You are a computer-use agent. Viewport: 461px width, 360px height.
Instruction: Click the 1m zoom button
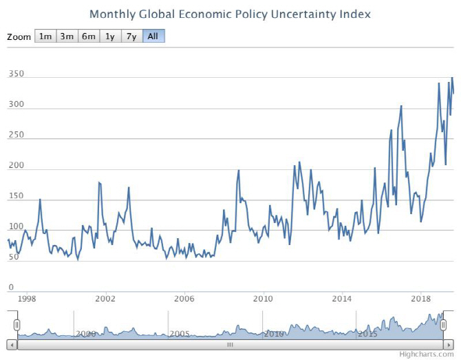pyautogui.click(x=45, y=36)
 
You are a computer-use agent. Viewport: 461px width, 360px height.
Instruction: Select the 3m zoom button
pyautogui.click(x=67, y=36)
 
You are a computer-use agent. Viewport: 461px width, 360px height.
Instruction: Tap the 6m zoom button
pyautogui.click(x=88, y=36)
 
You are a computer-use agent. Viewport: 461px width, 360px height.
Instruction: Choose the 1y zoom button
pyautogui.click(x=109, y=36)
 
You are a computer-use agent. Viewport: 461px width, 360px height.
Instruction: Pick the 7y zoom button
pyautogui.click(x=131, y=36)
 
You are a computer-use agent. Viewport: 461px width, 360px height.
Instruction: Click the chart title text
pyautogui.click(x=231, y=14)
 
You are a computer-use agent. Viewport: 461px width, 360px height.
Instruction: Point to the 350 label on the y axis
pyautogui.click(x=16, y=74)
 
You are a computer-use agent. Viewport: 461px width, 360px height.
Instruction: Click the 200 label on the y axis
pyautogui.click(x=16, y=166)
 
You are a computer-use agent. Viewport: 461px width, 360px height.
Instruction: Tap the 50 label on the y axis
pyautogui.click(x=13, y=257)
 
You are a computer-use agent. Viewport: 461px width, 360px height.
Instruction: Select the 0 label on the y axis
pyautogui.click(x=11, y=287)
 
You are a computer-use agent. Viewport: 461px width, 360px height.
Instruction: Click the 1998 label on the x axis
pyautogui.click(x=26, y=299)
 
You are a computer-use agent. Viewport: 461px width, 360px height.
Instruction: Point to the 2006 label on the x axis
pyautogui.click(x=184, y=299)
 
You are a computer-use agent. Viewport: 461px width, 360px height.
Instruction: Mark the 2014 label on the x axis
pyautogui.click(x=342, y=299)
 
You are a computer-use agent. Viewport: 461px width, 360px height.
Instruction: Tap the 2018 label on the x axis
pyautogui.click(x=421, y=299)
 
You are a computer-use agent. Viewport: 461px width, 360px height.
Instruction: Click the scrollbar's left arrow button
pyautogui.click(x=11, y=344)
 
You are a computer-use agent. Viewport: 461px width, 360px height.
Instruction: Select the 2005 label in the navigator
pyautogui.click(x=180, y=333)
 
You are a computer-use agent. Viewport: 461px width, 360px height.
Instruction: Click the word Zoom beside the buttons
pyautogui.click(x=19, y=37)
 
